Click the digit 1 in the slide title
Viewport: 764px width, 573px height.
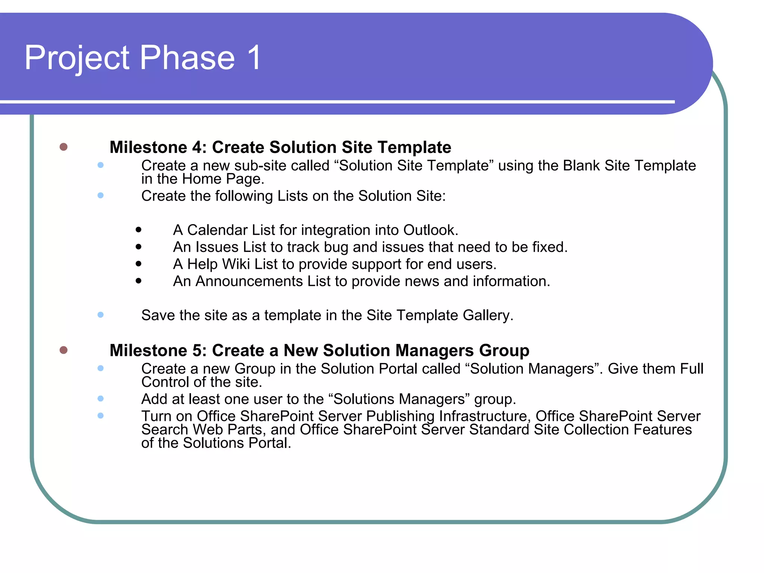(x=254, y=58)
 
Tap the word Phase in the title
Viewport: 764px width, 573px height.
(x=187, y=58)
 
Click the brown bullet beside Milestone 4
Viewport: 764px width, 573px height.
(x=63, y=147)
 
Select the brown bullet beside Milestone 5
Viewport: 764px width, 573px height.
(x=63, y=350)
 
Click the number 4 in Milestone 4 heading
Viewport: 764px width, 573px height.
(x=197, y=147)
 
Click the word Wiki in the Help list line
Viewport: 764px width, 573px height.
(x=236, y=264)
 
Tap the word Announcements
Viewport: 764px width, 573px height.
(x=249, y=281)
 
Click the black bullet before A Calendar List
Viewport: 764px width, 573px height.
(x=139, y=230)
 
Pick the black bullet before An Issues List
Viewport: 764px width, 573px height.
(x=139, y=247)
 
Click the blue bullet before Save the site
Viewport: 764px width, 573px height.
(x=100, y=315)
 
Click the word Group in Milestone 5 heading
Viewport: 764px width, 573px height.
(x=504, y=351)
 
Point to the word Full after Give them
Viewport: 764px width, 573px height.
(x=692, y=369)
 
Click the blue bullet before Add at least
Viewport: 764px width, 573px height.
(x=100, y=398)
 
